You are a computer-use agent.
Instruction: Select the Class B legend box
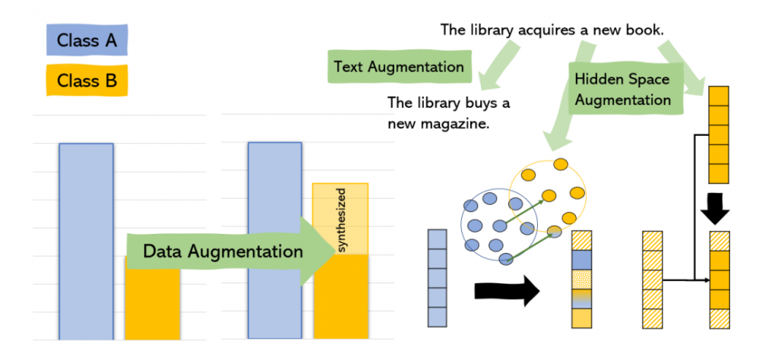pyautogui.click(x=86, y=80)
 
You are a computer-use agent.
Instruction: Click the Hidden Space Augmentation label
pyautogui.click(x=622, y=89)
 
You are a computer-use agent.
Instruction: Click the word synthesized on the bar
pyautogui.click(x=341, y=219)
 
